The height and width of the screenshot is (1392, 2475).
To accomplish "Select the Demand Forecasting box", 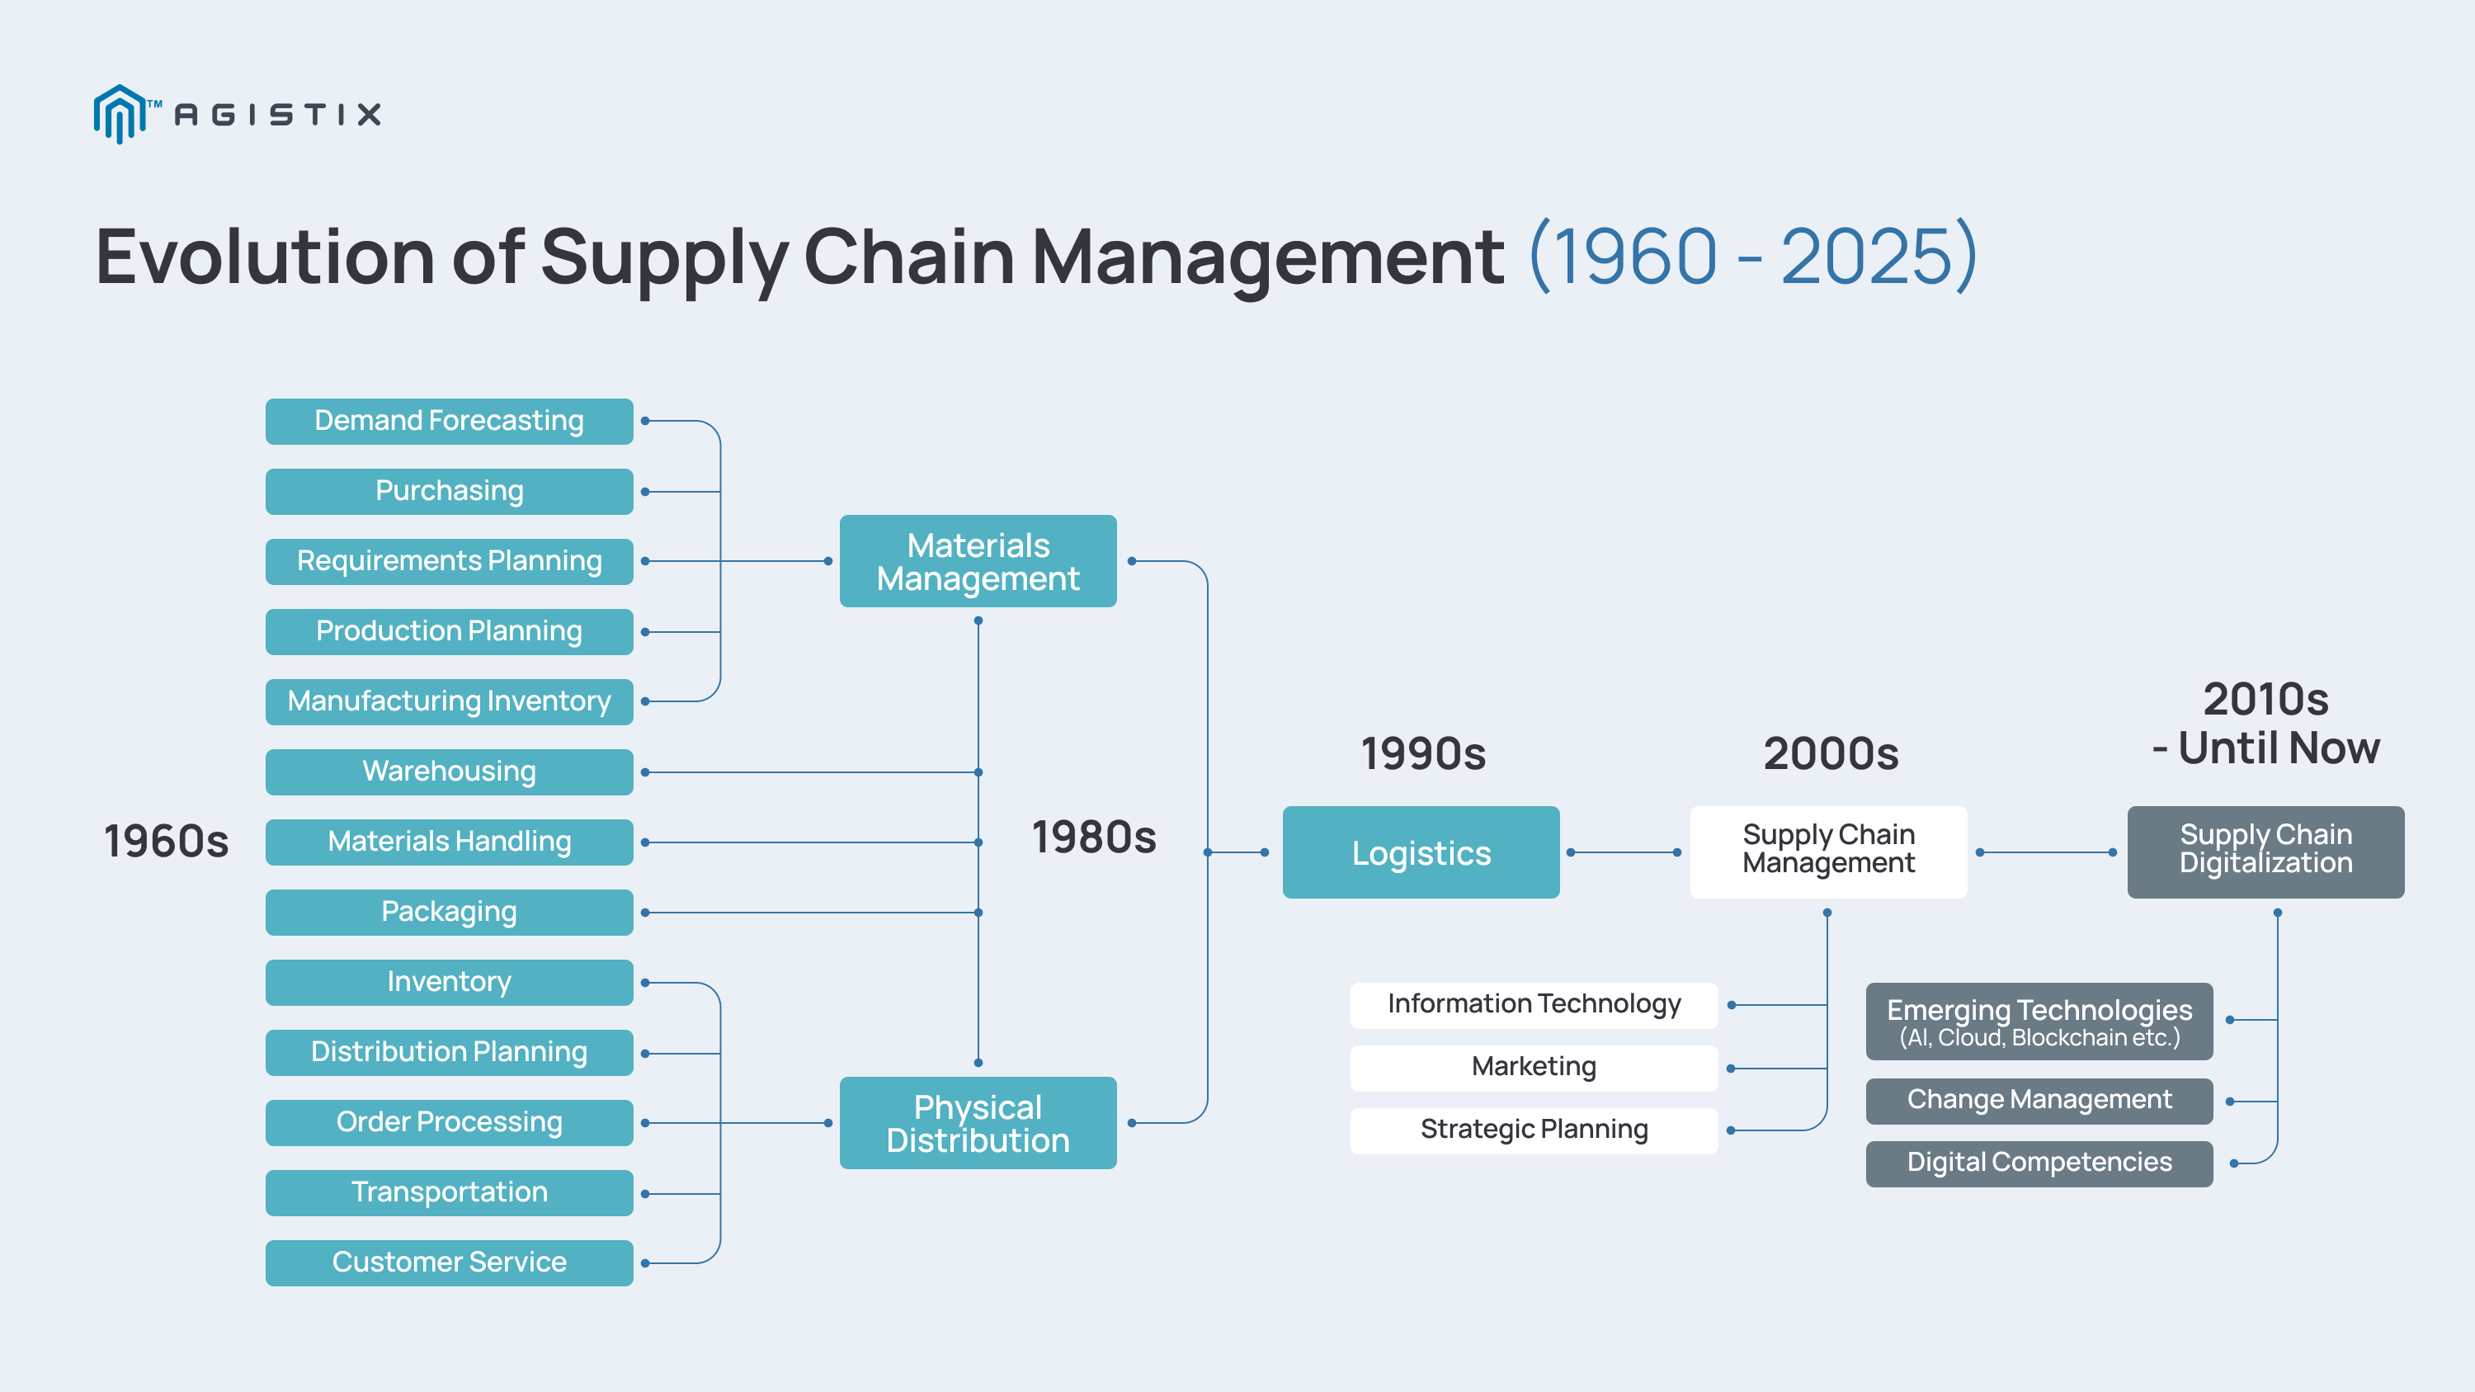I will [449, 421].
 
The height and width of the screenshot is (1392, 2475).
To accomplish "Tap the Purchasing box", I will [449, 491].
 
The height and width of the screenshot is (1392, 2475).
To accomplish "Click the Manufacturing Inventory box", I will [449, 701].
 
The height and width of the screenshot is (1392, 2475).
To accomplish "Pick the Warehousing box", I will [449, 771].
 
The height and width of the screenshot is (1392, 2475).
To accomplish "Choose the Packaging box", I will [449, 912].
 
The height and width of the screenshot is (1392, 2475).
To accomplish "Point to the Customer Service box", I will [449, 1262].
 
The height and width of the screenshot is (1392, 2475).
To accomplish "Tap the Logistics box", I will [1420, 852].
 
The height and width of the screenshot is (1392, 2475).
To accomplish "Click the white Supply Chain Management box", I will [1827, 852].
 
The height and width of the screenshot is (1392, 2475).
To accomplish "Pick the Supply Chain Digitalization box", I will [2265, 852].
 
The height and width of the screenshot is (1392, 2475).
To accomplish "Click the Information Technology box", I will [1534, 1004].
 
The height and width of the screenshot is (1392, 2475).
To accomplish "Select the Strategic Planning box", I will [1534, 1130].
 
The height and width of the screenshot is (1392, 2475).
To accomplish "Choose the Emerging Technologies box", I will [2038, 1020].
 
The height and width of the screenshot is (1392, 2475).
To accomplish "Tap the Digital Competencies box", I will [2038, 1163].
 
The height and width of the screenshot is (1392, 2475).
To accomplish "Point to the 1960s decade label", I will [166, 842].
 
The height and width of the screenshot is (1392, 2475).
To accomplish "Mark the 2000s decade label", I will [1831, 754].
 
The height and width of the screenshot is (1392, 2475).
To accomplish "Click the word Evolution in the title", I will [265, 257].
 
